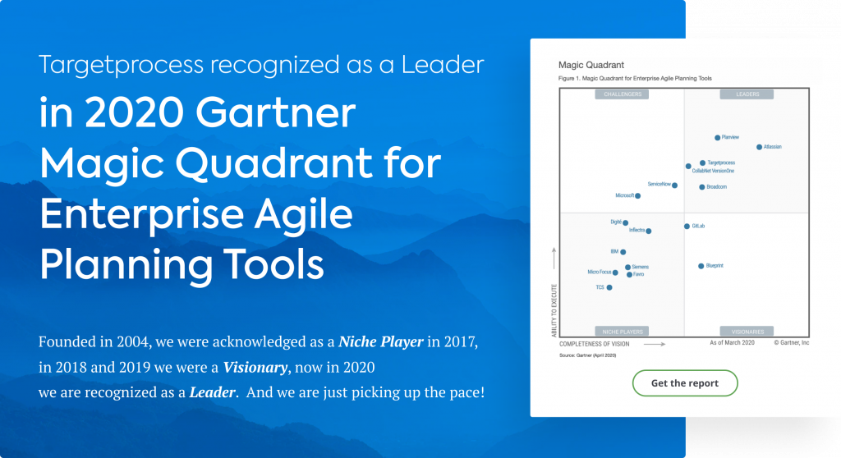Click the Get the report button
click(684, 383)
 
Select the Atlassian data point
click(759, 147)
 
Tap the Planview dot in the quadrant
click(717, 138)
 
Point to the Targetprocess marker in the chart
click(702, 163)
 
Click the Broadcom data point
click(701, 187)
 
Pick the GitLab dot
click(687, 226)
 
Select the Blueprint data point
click(701, 266)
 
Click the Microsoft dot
click(638, 195)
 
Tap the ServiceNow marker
click(675, 185)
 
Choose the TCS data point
click(609, 288)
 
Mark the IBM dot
click(623, 252)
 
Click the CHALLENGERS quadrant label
click(622, 94)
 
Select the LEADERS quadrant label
click(747, 94)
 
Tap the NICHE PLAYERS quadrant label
click(622, 332)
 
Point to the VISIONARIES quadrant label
click(747, 332)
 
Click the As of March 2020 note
click(733, 342)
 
